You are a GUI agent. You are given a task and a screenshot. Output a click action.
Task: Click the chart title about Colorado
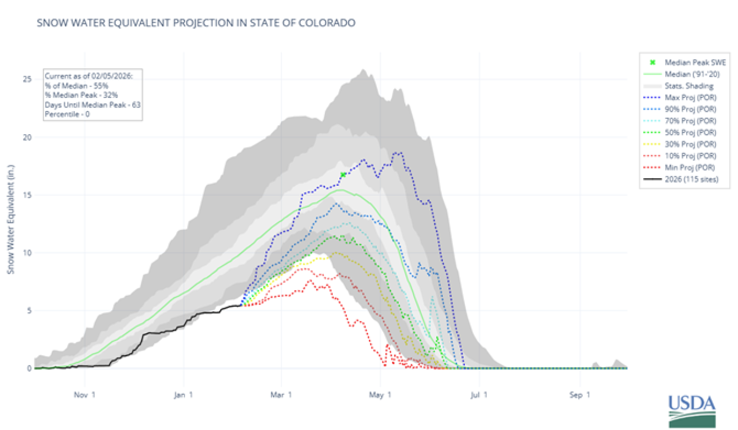click(x=196, y=23)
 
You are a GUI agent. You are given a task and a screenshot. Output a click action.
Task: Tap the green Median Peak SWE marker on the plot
click(x=343, y=175)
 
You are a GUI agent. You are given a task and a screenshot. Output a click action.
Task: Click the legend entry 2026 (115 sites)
click(x=690, y=179)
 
